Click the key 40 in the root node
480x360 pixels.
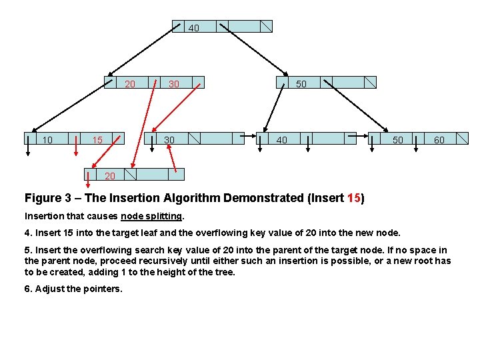(x=193, y=28)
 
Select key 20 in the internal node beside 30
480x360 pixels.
(x=131, y=84)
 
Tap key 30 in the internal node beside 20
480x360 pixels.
(x=174, y=84)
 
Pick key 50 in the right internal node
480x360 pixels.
(x=301, y=84)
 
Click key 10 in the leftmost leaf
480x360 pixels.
(x=47, y=140)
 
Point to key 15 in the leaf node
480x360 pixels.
(x=97, y=140)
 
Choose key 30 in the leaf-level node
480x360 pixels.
(x=169, y=140)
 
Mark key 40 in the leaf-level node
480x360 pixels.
(x=282, y=140)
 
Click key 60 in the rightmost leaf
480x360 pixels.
(x=439, y=140)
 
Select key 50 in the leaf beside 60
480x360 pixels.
(x=397, y=140)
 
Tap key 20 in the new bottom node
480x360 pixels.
(x=110, y=176)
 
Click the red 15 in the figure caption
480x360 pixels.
(x=354, y=198)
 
